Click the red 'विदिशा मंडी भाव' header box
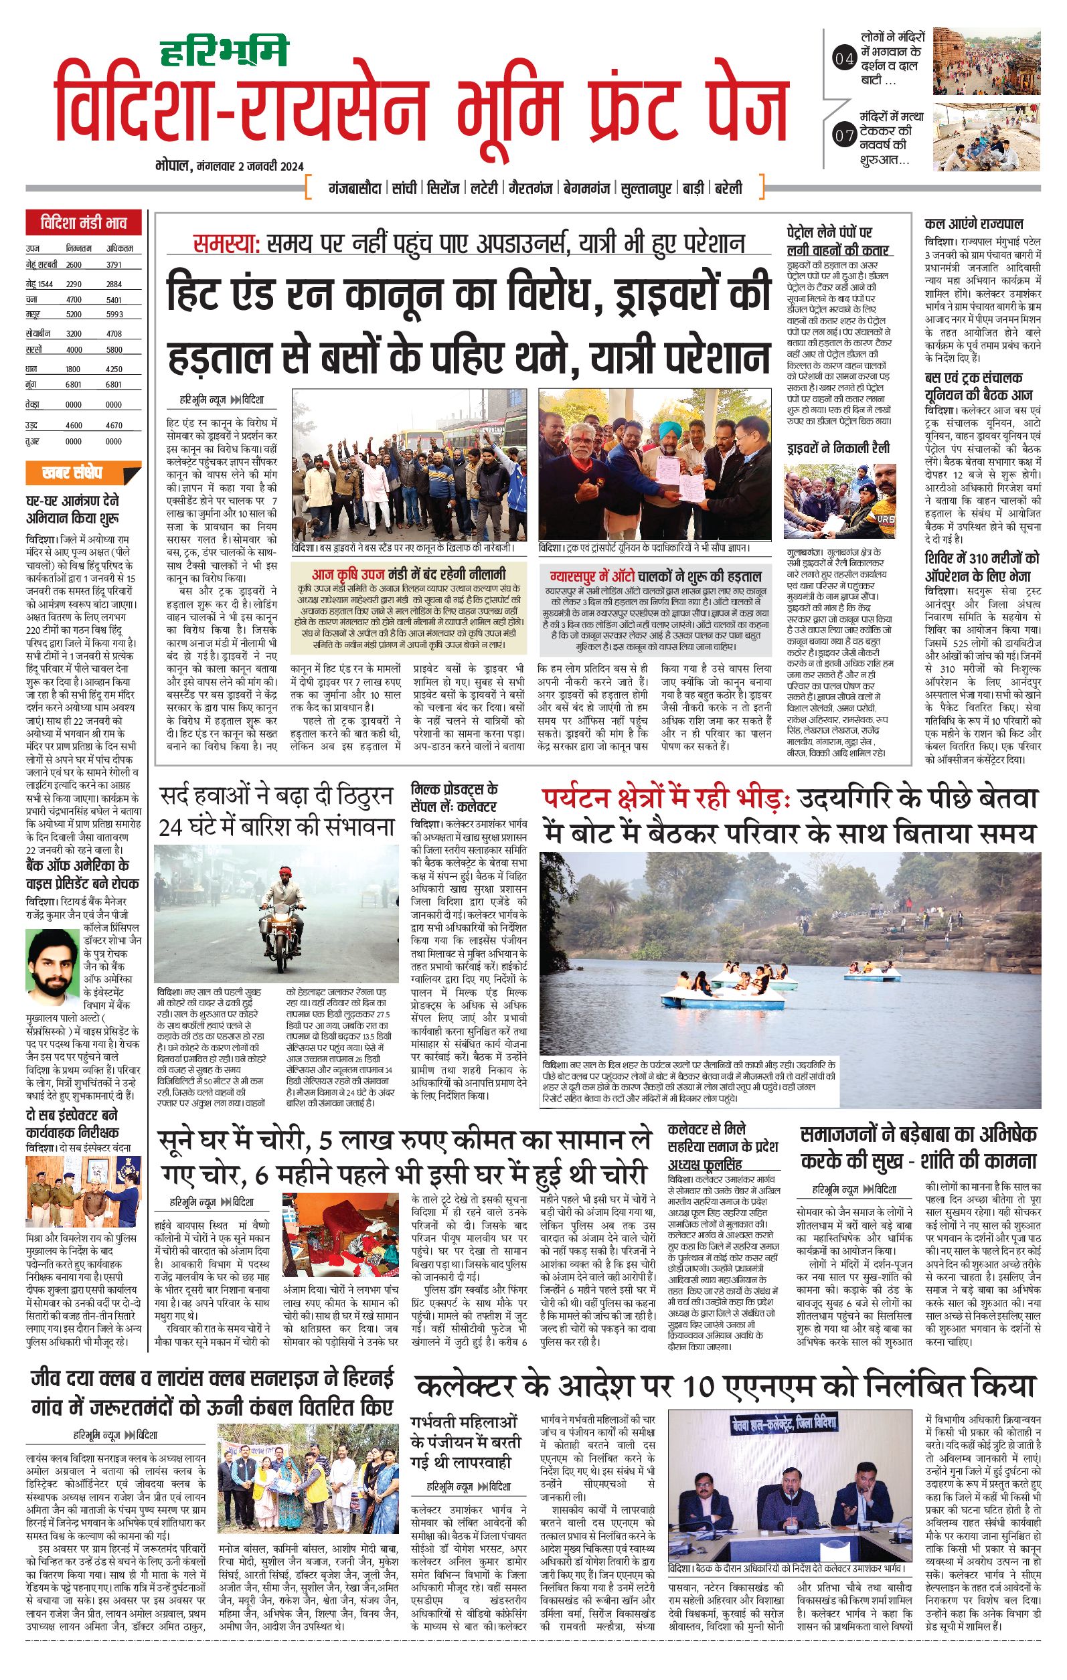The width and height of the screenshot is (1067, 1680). pos(83,224)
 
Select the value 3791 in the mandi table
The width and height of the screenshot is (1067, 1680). pos(114,264)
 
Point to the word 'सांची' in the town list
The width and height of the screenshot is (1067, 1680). pos(404,188)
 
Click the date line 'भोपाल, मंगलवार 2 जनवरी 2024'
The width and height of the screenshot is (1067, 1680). pos(230,166)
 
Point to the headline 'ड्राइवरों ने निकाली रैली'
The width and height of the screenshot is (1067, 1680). pos(837,448)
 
